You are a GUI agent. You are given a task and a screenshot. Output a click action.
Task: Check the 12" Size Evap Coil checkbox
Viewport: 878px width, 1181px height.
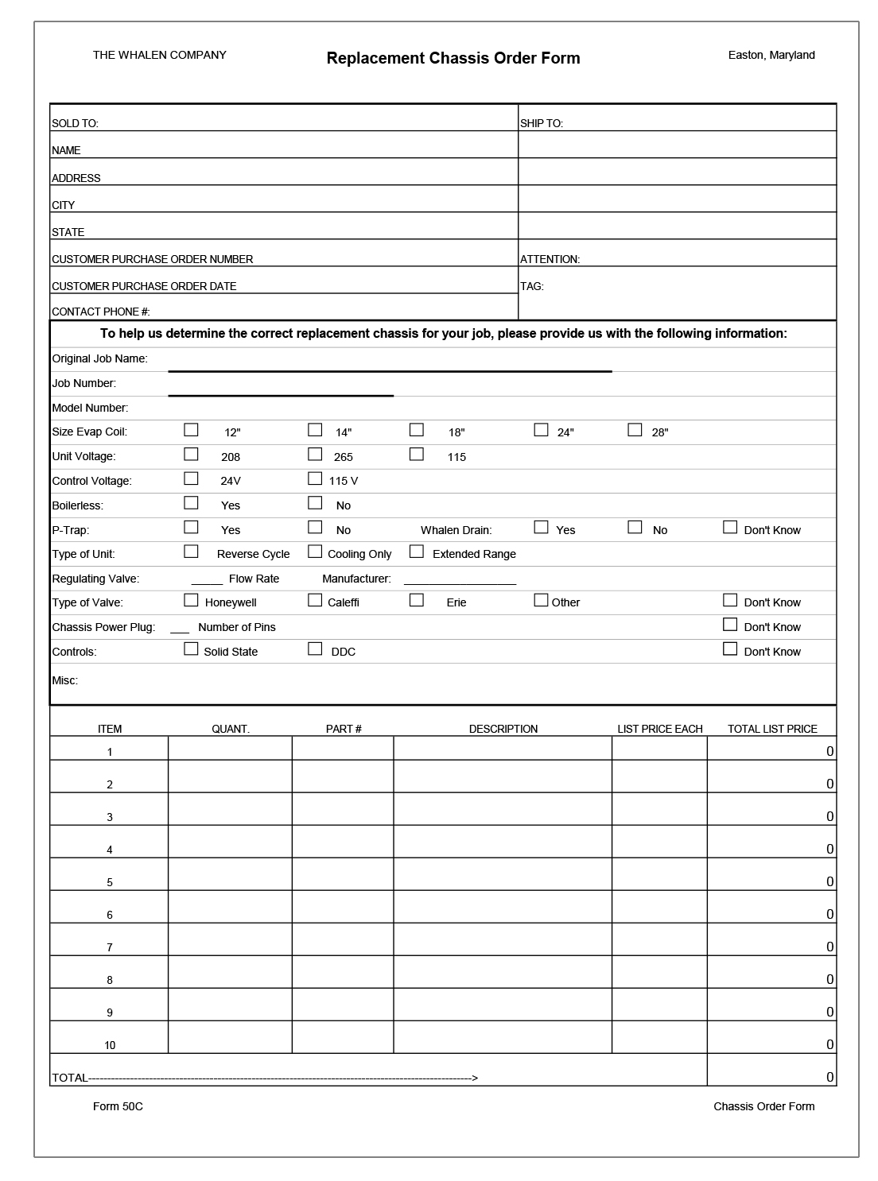191,430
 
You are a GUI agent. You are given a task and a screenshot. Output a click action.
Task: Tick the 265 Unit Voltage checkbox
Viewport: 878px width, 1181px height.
315,455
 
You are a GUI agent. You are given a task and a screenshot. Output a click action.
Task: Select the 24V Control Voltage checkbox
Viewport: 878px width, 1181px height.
191,478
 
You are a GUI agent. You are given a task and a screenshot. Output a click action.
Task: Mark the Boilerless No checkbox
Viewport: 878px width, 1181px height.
315,503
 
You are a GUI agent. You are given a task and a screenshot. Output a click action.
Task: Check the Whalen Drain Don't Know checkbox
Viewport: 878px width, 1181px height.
730,528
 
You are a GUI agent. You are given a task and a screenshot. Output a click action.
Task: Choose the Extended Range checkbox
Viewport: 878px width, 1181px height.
417,552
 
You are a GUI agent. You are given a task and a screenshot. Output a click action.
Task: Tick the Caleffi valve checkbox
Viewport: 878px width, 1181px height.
315,600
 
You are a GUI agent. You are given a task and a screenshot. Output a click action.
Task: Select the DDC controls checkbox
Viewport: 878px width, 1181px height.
315,649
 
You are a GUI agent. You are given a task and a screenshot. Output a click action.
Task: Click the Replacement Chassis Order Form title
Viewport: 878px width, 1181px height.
453,58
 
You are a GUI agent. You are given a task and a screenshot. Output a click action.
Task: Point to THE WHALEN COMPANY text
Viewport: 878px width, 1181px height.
159,55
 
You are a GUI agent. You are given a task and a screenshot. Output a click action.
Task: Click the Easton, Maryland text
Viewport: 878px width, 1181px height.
771,55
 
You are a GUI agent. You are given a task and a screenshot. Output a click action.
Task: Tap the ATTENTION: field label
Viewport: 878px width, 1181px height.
550,259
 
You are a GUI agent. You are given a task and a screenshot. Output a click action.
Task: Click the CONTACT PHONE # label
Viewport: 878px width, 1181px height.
101,312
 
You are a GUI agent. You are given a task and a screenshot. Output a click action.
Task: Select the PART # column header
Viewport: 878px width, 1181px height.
344,729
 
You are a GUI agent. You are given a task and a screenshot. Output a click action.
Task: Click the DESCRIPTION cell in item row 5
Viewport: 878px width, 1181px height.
503,874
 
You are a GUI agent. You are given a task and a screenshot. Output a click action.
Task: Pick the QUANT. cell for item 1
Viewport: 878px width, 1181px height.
230,748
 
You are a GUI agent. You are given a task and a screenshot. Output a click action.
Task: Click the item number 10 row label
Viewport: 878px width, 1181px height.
110,1045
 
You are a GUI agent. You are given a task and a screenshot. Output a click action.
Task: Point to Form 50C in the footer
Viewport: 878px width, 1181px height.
118,1106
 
